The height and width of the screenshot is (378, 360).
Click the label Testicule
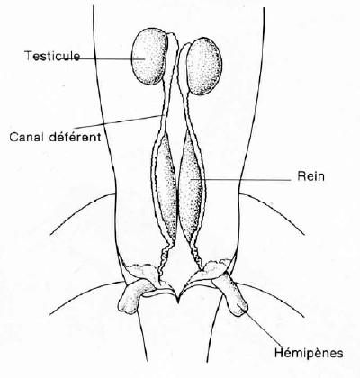52,56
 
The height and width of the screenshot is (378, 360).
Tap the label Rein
310,176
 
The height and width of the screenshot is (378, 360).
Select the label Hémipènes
309,353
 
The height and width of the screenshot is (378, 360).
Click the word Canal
27,137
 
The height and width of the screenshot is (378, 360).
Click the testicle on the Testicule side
149,57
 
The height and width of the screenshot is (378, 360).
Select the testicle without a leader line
204,66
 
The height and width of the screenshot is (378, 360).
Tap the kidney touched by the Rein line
190,186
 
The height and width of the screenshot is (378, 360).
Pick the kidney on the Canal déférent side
166,186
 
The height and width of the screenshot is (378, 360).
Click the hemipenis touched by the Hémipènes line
231,295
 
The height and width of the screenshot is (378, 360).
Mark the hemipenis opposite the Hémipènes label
133,295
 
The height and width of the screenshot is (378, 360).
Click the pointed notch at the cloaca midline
178,301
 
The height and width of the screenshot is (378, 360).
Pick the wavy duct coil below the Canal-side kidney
164,258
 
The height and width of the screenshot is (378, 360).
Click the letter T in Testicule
28,56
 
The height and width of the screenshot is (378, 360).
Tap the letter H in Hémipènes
279,352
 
